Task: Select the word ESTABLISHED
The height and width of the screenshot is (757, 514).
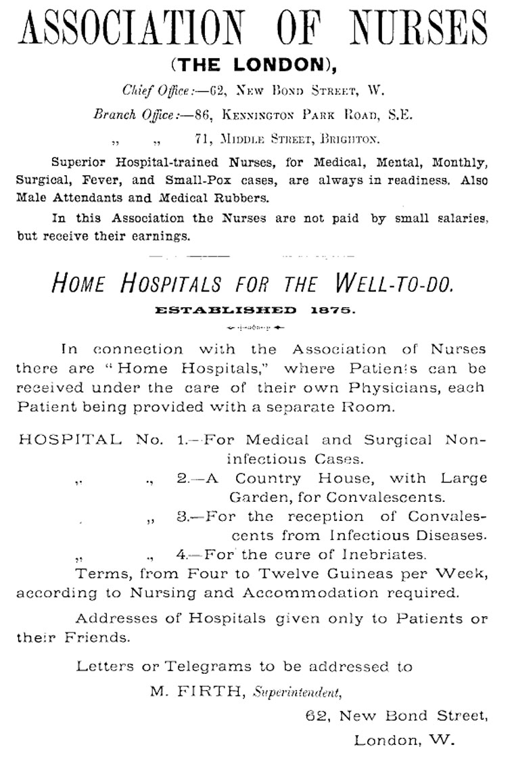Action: pos(226,311)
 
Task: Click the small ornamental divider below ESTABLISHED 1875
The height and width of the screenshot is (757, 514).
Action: pos(256,328)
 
